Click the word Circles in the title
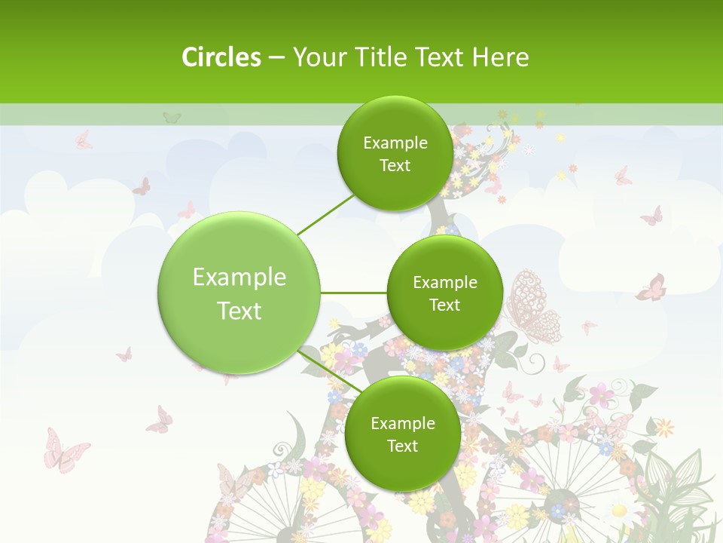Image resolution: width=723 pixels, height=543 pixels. pyautogui.click(x=221, y=57)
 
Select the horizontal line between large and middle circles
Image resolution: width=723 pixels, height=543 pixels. pyautogui.click(x=353, y=293)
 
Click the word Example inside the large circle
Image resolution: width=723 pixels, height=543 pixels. pyautogui.click(x=239, y=278)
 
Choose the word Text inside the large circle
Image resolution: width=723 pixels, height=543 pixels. pyautogui.click(x=239, y=311)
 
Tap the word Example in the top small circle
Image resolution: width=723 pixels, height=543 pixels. pyautogui.click(x=395, y=143)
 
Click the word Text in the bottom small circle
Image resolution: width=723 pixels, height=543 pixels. pyautogui.click(x=402, y=446)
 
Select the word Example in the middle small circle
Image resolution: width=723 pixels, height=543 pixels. pyautogui.click(x=444, y=283)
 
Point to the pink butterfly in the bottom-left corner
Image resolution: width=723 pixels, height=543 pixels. pyautogui.click(x=63, y=450)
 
